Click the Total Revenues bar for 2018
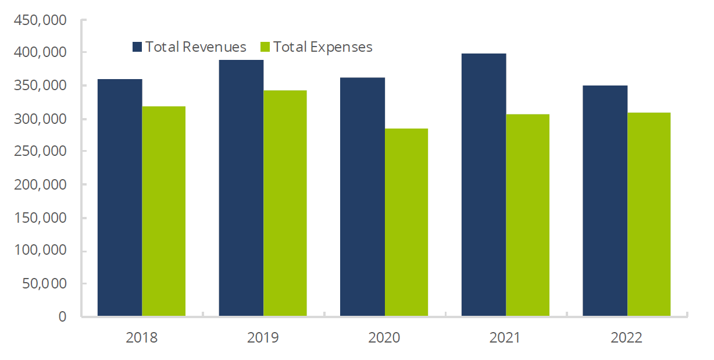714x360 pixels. click(120, 198)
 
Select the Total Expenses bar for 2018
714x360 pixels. click(164, 211)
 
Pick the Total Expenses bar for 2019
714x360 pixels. click(285, 203)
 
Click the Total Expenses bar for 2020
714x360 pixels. click(406, 222)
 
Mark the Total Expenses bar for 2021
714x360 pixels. click(527, 215)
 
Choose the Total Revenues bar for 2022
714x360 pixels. click(605, 201)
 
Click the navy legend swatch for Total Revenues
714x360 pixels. click(138, 47)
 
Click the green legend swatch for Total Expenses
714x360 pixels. click(266, 47)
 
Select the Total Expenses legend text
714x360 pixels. click(323, 47)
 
